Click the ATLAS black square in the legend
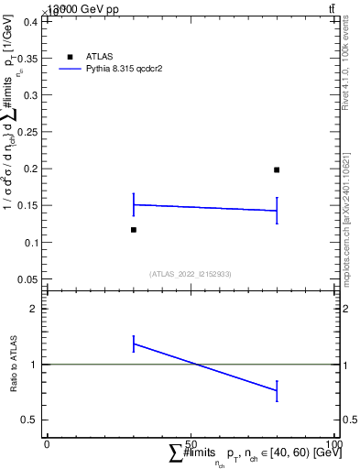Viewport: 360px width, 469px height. click(70, 57)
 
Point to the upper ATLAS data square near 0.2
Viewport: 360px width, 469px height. click(277, 169)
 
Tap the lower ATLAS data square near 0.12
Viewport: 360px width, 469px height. click(134, 230)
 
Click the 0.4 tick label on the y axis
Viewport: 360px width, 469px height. click(28, 21)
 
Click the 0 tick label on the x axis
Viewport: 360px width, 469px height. click(47, 444)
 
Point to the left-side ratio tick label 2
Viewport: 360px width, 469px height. click(32, 309)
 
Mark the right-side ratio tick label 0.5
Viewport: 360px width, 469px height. click(349, 420)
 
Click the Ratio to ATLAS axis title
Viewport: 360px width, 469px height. click(14, 364)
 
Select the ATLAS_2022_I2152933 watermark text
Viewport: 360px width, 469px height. click(190, 273)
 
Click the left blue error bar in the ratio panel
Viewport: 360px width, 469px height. click(134, 344)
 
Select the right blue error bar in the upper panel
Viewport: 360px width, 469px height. click(277, 210)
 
